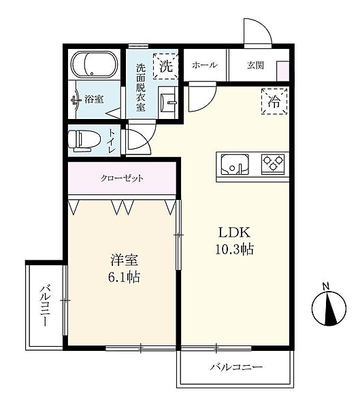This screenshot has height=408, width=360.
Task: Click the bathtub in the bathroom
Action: coord(94,65)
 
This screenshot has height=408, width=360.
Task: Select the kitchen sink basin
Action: coord(235,165)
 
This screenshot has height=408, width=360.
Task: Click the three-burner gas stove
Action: coord(273,164)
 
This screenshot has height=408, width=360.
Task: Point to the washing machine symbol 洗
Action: coord(165,66)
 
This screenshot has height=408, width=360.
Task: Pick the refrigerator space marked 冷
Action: coord(274,101)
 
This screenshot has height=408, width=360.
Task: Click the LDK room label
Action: coord(234,233)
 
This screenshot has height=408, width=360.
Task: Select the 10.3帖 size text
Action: coord(234,250)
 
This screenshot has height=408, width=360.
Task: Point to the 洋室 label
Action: coord(124,260)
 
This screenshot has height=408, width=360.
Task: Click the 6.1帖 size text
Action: coord(125,277)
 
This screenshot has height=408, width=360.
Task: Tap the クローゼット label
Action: coord(122,178)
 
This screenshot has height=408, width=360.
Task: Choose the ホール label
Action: coord(205,65)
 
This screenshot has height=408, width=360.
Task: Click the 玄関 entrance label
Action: coord(256,65)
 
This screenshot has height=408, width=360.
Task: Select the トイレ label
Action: coord(112,141)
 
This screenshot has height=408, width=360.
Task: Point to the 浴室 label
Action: coord(94,99)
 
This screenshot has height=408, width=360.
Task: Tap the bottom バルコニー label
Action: coord(236,367)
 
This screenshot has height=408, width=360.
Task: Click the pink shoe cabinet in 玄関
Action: coord(283,71)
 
